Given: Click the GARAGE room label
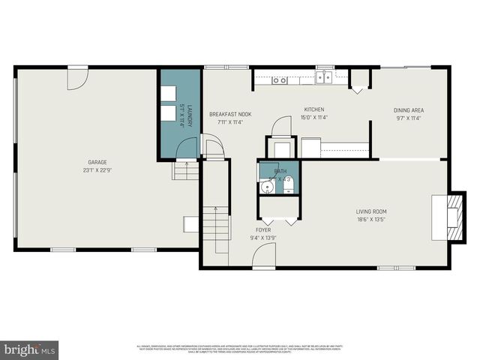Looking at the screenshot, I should (x=97, y=162).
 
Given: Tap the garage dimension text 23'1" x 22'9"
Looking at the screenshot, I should (x=97, y=169).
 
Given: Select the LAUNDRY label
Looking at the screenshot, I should (x=190, y=116).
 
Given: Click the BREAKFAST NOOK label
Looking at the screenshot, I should (x=230, y=114).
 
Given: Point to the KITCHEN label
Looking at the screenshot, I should (x=314, y=109).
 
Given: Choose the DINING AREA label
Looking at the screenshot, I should (x=409, y=110).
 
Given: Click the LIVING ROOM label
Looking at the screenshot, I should (x=371, y=211).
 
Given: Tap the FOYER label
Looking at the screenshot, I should (x=263, y=229).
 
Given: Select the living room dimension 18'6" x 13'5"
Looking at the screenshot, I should (x=371, y=220).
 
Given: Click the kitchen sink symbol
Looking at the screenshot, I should (x=324, y=77).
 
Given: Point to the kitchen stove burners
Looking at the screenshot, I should (x=280, y=79).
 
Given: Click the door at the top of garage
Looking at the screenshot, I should (x=77, y=79).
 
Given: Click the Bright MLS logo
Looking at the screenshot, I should (x=29, y=349).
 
